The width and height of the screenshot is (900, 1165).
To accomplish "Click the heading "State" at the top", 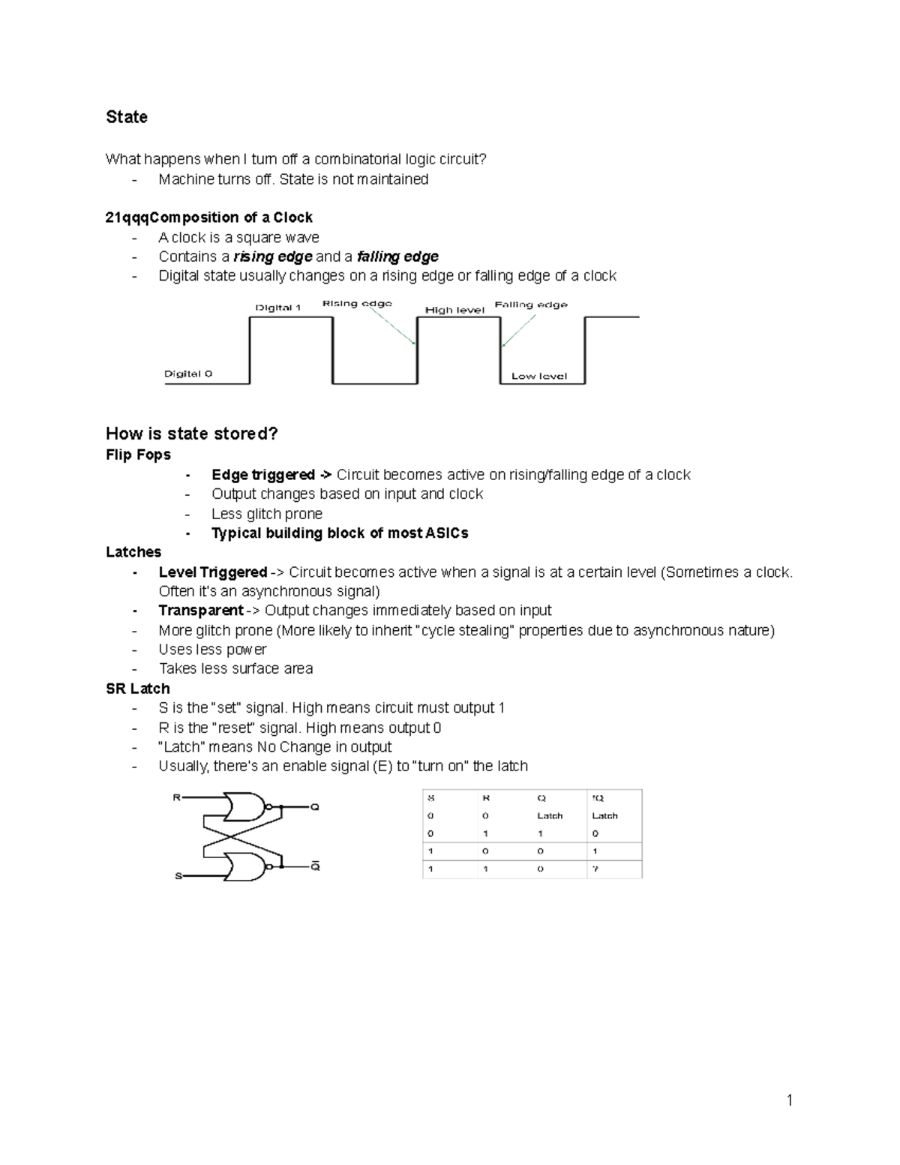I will coord(127,117).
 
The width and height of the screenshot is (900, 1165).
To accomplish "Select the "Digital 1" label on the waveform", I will coord(277,308).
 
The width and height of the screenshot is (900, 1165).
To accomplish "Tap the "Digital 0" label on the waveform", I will coord(188,374).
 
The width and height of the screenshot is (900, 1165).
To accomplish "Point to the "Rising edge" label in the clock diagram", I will coord(357,304).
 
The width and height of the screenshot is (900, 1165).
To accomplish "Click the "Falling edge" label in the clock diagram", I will coord(531,305).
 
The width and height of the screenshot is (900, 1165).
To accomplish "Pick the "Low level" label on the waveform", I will coord(539,376).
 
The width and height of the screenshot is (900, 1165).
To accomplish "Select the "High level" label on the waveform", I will coord(454,310).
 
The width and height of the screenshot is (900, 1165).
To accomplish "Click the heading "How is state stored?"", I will coord(192,434).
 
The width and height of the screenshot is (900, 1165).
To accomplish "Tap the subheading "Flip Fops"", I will coord(138,455).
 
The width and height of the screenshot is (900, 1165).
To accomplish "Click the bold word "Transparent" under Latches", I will coord(200,611).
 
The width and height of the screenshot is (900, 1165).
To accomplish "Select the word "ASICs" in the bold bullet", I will coord(447,533).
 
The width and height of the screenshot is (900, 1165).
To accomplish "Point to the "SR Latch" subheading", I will coord(138,689).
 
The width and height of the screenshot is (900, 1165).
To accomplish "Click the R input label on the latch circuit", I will coord(177,797).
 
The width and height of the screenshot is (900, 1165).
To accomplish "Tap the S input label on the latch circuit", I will coord(178,875).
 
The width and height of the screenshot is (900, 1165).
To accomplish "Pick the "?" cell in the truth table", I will coord(595,869).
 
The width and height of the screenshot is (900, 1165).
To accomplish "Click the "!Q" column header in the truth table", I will coord(598,798).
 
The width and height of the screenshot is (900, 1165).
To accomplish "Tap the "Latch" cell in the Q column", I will coord(550,815).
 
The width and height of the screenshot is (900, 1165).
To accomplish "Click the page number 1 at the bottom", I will coord(789,1100).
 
